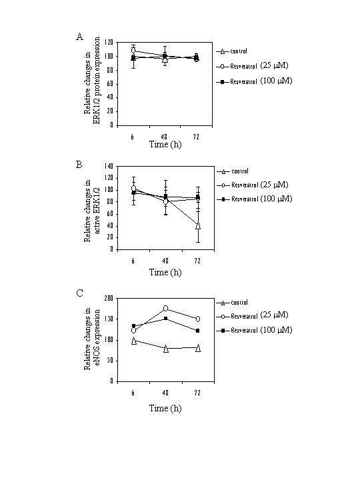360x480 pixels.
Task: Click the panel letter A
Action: pyautogui.click(x=79, y=37)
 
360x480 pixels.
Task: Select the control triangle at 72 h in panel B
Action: pyautogui.click(x=197, y=226)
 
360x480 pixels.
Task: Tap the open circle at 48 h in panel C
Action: pyautogui.click(x=165, y=309)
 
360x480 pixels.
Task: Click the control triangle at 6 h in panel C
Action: pyautogui.click(x=133, y=341)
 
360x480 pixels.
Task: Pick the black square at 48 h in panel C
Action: pyautogui.click(x=165, y=318)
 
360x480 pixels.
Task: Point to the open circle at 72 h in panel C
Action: pyautogui.click(x=197, y=319)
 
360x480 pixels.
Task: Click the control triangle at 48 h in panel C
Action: pyautogui.click(x=165, y=348)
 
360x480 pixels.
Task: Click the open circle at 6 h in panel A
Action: pyautogui.click(x=133, y=51)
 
